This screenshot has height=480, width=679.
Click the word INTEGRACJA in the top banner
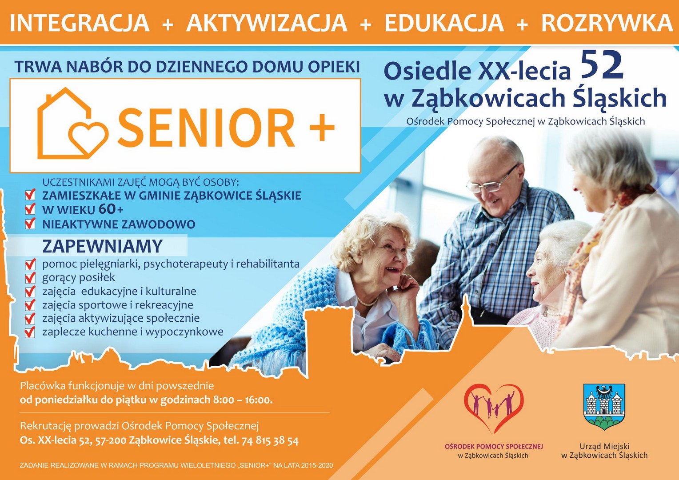click(x=80, y=23)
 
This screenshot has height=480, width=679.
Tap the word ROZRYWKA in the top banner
click(x=607, y=23)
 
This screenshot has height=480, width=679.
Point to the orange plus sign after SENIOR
click(x=322, y=128)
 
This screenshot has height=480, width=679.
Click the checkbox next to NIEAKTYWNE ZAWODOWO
click(x=30, y=224)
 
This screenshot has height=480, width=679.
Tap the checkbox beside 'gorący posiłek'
click(x=30, y=277)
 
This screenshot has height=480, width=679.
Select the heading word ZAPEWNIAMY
click(x=103, y=246)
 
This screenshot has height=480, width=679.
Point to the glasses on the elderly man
click(x=491, y=180)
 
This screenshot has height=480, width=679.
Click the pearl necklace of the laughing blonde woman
click(x=367, y=302)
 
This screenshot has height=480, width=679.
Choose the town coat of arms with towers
click(x=604, y=407)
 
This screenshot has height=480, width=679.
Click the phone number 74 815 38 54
click(x=270, y=440)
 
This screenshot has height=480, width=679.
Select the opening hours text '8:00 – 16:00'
click(x=243, y=400)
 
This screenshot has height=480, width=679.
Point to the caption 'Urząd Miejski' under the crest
click(x=604, y=446)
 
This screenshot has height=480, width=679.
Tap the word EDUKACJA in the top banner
click(x=444, y=23)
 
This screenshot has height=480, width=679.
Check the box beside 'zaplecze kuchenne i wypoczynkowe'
click(x=30, y=332)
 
